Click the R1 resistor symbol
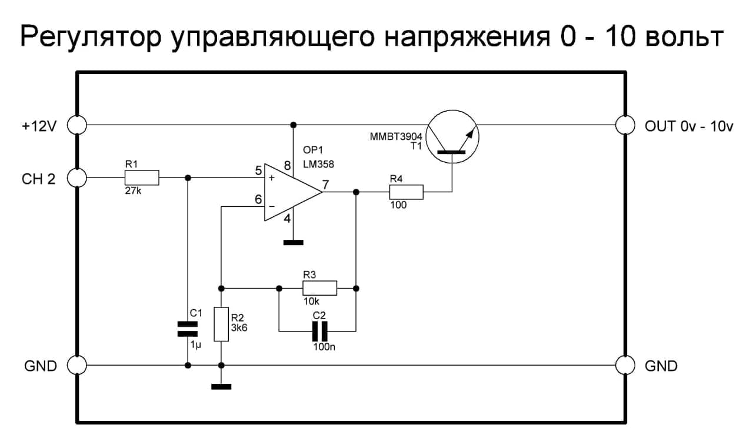(142, 178)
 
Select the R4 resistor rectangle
(406, 192)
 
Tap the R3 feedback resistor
(319, 288)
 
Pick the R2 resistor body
(221, 324)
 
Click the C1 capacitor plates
(188, 330)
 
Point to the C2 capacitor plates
(319, 331)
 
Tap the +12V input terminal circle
(77, 125)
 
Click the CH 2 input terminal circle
(77, 178)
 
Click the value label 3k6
(239, 328)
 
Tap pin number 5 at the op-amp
(258, 171)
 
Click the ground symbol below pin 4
(292, 242)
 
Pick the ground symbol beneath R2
(221, 386)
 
